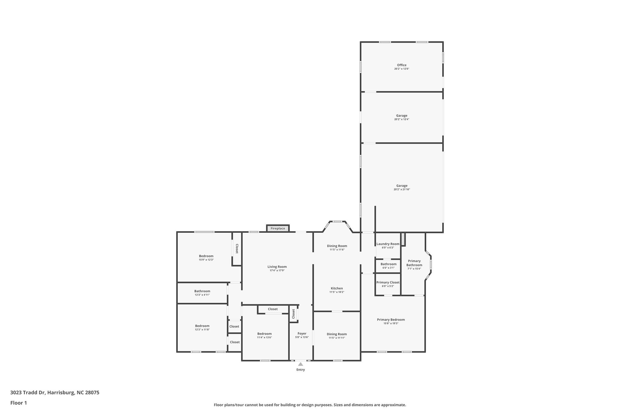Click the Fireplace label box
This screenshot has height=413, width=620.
pos(278,228)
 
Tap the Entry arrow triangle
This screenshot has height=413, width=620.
pos(300,364)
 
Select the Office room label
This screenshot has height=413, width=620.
pos(402,65)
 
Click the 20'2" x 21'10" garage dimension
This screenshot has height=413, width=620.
pos(402,189)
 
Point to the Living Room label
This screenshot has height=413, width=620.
pos(277,267)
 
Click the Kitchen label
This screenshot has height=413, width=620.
pos(337,288)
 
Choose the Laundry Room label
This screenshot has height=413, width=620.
pos(388,244)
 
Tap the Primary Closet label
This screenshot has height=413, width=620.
pos(388,282)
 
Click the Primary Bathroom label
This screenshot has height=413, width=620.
pos(414,263)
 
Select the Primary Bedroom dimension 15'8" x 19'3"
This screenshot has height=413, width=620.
pos(391,323)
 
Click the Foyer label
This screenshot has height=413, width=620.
pos(302,333)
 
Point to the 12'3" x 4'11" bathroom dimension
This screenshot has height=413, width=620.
pos(202,295)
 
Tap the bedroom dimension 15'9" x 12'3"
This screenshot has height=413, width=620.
pos(206,260)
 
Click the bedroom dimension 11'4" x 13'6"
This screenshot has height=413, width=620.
pos(264,337)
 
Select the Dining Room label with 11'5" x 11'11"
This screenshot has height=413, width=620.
pos(337,334)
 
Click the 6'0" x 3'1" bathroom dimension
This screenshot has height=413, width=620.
pos(388,268)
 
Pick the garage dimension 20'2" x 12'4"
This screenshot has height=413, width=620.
pos(402,119)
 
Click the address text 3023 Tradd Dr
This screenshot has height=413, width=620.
pos(28,393)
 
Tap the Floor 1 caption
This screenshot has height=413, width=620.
pos(18,403)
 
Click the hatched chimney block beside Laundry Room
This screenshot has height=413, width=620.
pos(403,239)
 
